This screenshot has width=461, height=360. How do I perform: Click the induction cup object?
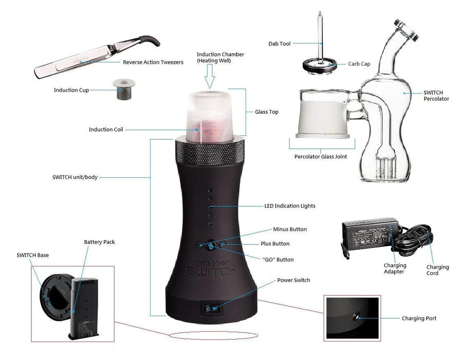(x=124, y=89)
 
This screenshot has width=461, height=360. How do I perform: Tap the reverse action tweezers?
(x=97, y=57)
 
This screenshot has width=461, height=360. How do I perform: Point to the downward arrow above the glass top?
(x=210, y=77)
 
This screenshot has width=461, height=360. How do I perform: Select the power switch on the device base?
(x=211, y=309)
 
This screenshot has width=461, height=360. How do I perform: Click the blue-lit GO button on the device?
(x=211, y=245)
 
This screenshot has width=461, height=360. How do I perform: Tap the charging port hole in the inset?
(x=356, y=317)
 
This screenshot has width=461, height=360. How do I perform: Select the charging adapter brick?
(x=370, y=234)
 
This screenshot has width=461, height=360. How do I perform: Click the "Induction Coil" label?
(x=106, y=130)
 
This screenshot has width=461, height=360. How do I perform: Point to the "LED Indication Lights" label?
(x=289, y=206)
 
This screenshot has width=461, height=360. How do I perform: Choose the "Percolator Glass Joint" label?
(x=321, y=156)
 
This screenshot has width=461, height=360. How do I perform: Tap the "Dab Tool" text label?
(x=279, y=44)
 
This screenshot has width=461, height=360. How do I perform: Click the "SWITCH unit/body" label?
(x=75, y=177)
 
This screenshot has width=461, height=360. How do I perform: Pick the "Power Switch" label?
(x=293, y=280)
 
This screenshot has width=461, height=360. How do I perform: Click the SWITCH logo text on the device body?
(x=211, y=270)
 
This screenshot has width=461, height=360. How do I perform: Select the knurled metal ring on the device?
(x=210, y=152)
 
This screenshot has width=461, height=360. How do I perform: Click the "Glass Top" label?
(x=266, y=112)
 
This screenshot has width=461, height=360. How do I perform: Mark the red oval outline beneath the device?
(x=214, y=335)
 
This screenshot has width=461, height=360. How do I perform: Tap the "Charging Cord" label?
(x=437, y=270)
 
